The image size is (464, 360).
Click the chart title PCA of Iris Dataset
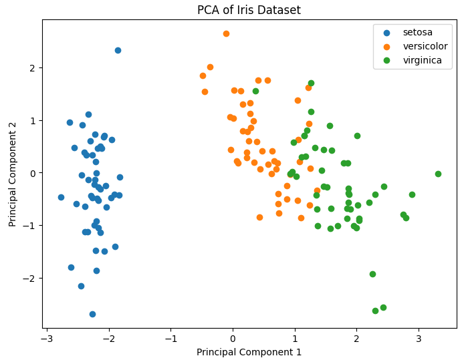pyautogui.click(x=249, y=10)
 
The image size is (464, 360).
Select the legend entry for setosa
pyautogui.click(x=417, y=32)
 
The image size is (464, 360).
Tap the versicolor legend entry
pyautogui.click(x=425, y=46)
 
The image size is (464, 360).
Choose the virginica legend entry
pyautogui.click(x=422, y=60)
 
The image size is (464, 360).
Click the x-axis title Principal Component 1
pyautogui.click(x=249, y=352)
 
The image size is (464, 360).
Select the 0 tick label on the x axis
pyautogui.click(x=233, y=339)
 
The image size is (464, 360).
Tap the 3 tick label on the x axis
pyautogui.click(x=419, y=339)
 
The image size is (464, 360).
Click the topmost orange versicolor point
pyautogui.click(x=226, y=33)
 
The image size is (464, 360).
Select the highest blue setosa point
pyautogui.click(x=118, y=50)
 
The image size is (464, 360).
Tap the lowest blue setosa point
pyautogui.click(x=92, y=314)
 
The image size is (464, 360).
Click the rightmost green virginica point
pyautogui.click(x=438, y=174)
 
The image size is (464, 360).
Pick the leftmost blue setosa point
pyautogui.click(x=61, y=197)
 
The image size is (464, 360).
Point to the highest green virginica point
pyautogui.click(x=311, y=83)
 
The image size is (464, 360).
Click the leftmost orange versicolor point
pyautogui.click(x=203, y=75)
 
